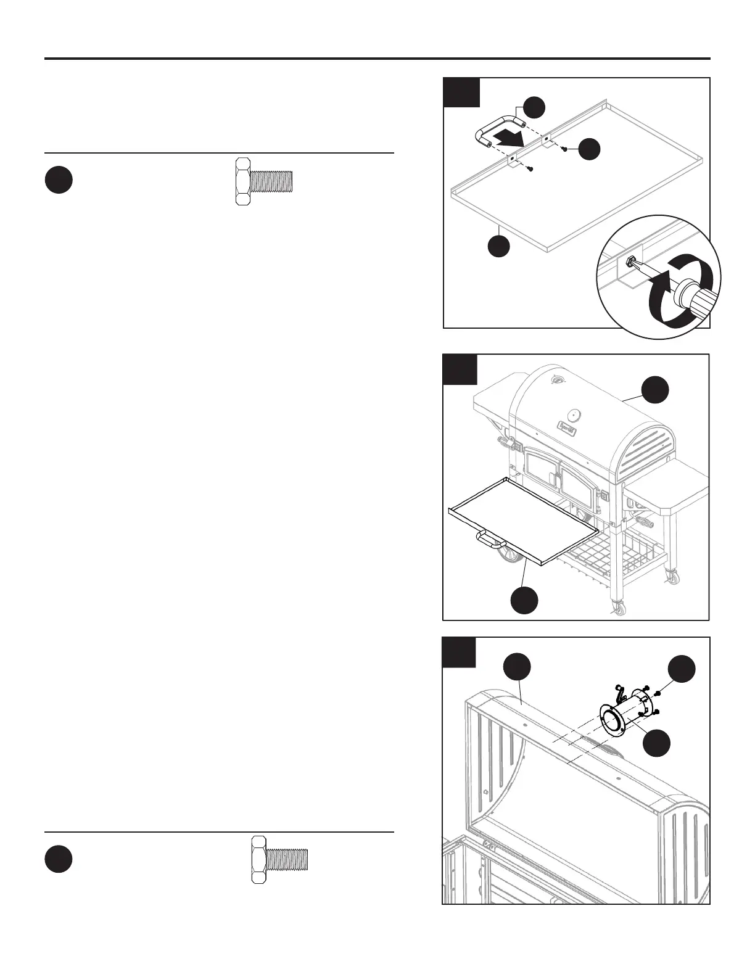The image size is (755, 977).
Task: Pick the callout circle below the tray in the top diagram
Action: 499,246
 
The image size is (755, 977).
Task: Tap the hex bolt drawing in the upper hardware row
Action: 263,181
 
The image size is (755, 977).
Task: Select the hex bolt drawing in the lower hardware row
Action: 279,859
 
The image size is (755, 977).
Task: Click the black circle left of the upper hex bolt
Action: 59,181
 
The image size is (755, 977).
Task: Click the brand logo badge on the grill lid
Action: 568,425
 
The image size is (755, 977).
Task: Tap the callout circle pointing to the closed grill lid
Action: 654,390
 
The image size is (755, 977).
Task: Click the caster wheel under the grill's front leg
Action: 618,609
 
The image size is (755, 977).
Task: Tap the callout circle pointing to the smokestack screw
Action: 682,669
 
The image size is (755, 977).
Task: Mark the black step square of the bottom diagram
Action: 459,653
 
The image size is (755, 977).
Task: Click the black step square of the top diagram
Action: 462,93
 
